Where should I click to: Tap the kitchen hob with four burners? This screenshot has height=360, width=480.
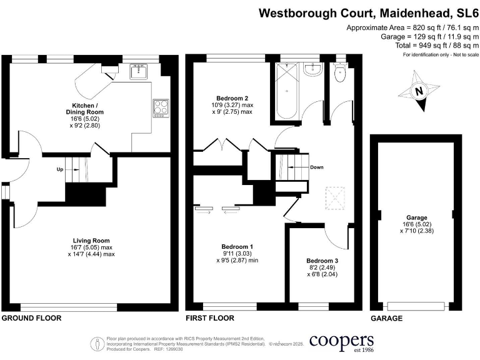pos(161,107)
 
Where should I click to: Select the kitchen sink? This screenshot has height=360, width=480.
pos(138,72)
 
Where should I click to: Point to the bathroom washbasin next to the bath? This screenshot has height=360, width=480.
pos(311,71)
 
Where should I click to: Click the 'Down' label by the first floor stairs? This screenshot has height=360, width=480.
pos(317,167)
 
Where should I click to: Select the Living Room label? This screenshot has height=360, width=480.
pos(91,241)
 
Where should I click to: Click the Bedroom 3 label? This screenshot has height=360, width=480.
pos(322,261)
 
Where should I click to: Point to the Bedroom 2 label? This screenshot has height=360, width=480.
pos(232,98)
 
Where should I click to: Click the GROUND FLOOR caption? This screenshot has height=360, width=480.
pos(31,318)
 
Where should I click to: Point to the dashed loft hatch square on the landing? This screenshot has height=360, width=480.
pos(336,199)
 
